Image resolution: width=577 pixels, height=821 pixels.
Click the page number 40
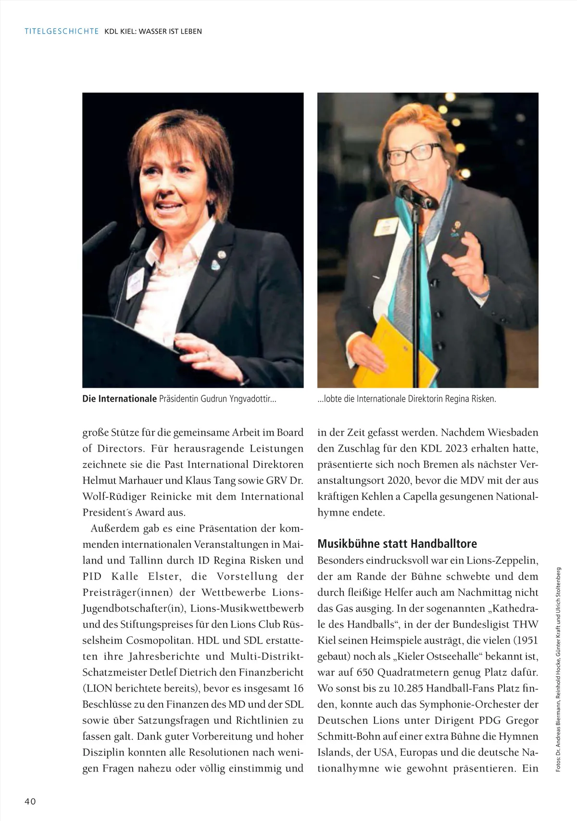(x=30, y=801)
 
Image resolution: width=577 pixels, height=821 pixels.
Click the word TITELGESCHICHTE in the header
(x=62, y=31)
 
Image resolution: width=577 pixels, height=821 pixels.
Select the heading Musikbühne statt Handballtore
(x=397, y=544)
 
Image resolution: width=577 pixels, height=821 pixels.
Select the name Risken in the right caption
(x=482, y=399)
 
